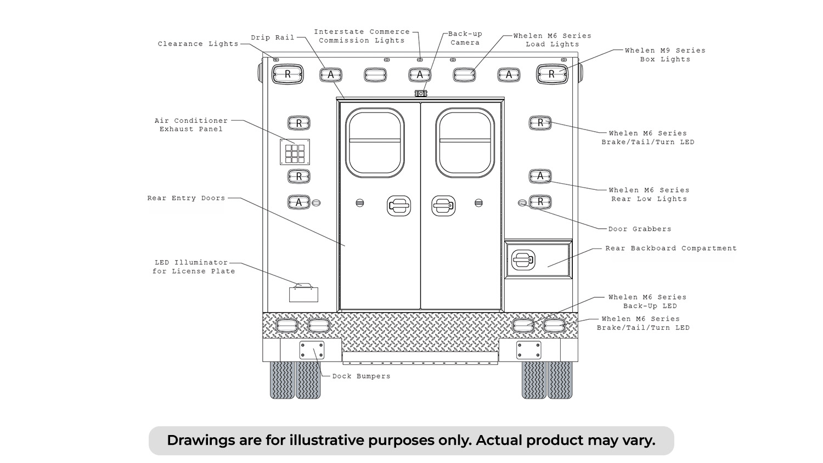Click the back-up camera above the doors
click(421, 94)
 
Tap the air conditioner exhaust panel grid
click(295, 152)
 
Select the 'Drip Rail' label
click(273, 37)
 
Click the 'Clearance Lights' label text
click(198, 44)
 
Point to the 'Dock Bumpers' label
click(361, 376)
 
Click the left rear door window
click(375, 143)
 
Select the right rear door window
click(465, 143)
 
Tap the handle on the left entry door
click(399, 206)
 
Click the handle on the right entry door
click(443, 206)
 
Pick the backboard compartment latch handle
click(523, 260)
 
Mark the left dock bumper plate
click(312, 350)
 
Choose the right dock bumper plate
click(529, 350)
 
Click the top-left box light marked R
click(288, 74)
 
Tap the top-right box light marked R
click(552, 74)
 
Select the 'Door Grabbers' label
click(640, 229)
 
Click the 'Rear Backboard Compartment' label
click(671, 248)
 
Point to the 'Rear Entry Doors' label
click(186, 198)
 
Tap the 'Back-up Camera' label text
click(465, 38)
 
